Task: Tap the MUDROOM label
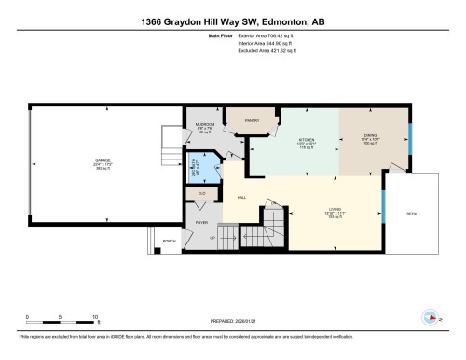(205, 123)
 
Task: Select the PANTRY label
(252, 120)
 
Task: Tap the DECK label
(412, 212)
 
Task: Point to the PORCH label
(169, 241)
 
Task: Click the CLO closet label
(200, 192)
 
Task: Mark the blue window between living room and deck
(383, 201)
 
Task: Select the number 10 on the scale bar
(90, 316)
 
